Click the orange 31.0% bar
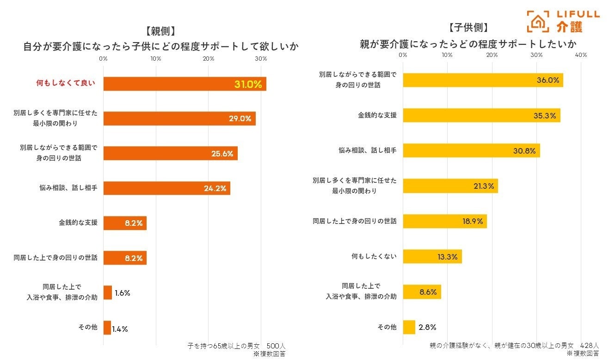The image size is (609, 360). [x=185, y=84]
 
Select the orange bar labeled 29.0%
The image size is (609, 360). [x=179, y=118]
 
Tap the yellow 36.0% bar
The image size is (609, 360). [x=483, y=80]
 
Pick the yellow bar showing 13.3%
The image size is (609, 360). [x=432, y=256]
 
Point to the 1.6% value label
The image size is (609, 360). [x=122, y=293]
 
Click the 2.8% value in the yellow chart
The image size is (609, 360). [x=427, y=327]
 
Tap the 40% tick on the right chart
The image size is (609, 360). [x=580, y=55]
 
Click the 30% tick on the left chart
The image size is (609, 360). [x=261, y=59]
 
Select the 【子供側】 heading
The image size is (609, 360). [x=468, y=28]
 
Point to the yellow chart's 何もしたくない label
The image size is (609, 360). [x=374, y=256]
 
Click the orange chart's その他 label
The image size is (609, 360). [x=88, y=327]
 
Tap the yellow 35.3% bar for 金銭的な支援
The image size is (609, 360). [x=481, y=115]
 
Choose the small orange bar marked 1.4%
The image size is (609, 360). [x=107, y=328]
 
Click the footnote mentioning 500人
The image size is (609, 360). [x=237, y=346]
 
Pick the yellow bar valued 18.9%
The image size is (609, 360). [x=444, y=221]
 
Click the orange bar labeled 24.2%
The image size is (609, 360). [x=166, y=188]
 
